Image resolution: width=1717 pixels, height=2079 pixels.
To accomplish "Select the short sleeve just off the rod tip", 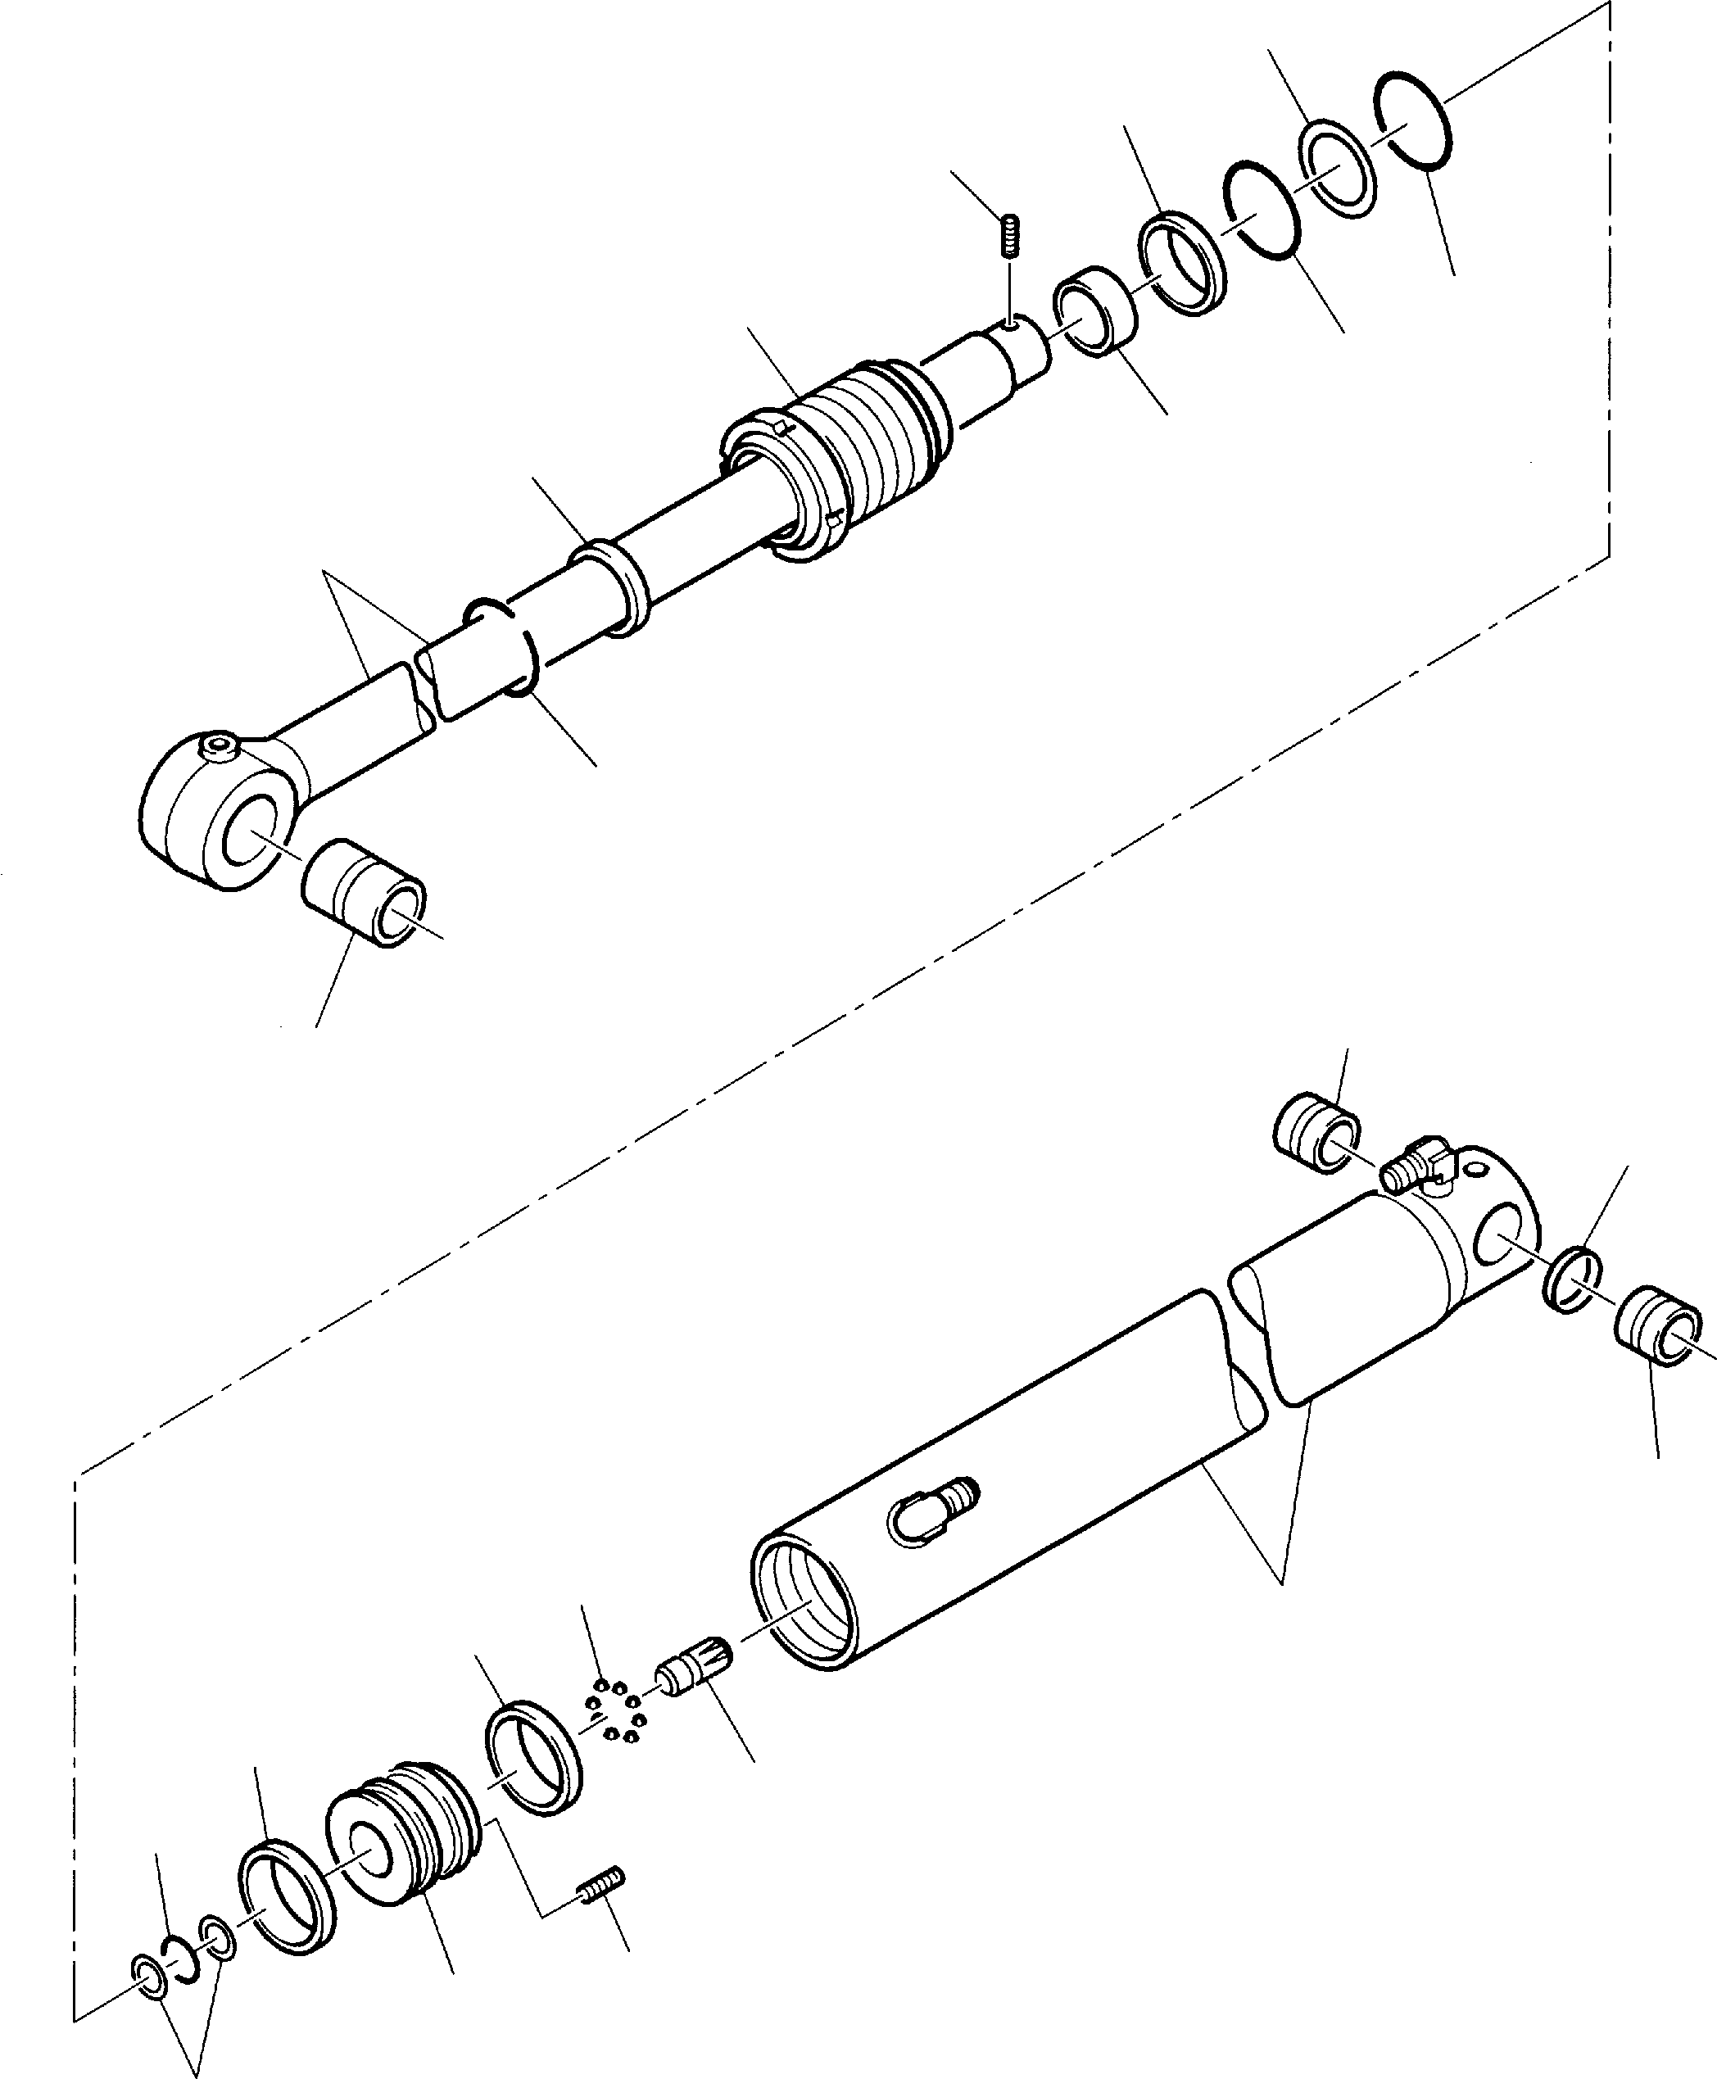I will pos(1096,310).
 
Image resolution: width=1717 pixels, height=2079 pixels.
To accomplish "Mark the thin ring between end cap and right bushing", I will pos(1572,1281).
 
